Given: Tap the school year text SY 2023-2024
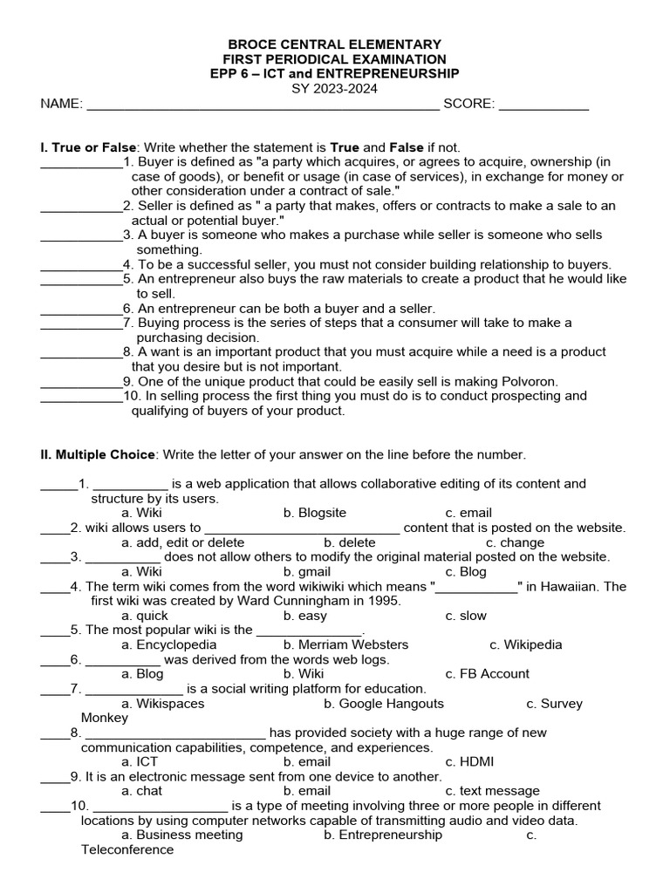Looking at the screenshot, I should pos(335,89).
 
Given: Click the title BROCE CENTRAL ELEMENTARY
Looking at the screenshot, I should pos(335,44).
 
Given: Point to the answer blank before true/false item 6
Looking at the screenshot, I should pos(81,309).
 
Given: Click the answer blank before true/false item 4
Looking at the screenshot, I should pos(81,264).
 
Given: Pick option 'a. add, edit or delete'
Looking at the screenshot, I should pos(183,542).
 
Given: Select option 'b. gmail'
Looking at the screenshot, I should pos(307,572).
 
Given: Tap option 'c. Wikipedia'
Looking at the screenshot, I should pos(525,644).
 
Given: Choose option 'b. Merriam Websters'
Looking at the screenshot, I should pos(345,644).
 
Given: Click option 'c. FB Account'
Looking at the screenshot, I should pos(487,674).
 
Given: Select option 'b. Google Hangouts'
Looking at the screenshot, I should pos(383,703).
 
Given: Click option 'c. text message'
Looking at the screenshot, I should pos(492,791).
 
